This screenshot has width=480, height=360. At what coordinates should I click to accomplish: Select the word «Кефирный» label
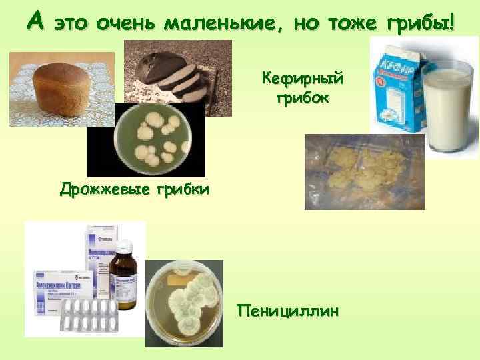click(x=303, y=80)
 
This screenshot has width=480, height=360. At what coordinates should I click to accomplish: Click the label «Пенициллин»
click(x=287, y=311)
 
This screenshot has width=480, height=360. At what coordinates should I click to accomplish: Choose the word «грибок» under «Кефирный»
click(x=303, y=99)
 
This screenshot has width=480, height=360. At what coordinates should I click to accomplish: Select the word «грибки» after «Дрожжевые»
click(x=182, y=189)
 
